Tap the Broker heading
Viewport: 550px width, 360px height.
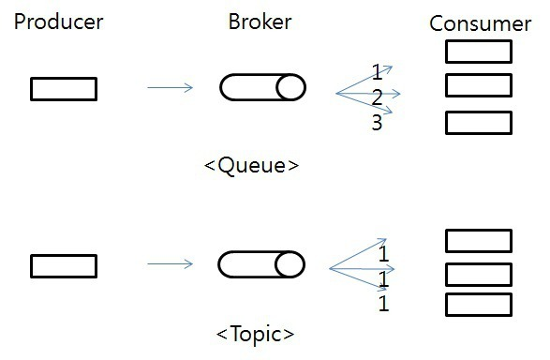[x=260, y=22]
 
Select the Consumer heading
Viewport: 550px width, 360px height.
[x=480, y=24]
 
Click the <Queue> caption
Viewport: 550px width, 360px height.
[x=251, y=166]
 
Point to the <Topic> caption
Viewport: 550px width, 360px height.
[x=254, y=333]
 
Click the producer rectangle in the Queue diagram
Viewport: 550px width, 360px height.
[x=64, y=88]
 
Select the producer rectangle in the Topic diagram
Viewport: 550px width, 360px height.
[x=64, y=266]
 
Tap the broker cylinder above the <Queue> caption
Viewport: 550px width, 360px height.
[x=263, y=88]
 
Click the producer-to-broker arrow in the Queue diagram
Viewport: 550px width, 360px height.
[x=170, y=88]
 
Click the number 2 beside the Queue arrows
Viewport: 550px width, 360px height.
[x=377, y=97]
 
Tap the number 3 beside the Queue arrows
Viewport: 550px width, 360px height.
[x=377, y=123]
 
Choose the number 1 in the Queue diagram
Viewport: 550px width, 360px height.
[x=377, y=72]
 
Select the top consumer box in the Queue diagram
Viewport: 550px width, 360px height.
[x=478, y=52]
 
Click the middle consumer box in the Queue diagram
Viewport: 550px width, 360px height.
[x=478, y=85]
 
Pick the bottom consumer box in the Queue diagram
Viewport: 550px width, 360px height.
[x=478, y=123]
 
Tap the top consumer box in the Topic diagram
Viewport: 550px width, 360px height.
[x=478, y=241]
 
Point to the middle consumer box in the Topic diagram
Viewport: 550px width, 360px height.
[x=478, y=274]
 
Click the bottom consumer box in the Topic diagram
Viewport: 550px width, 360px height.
[x=478, y=305]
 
